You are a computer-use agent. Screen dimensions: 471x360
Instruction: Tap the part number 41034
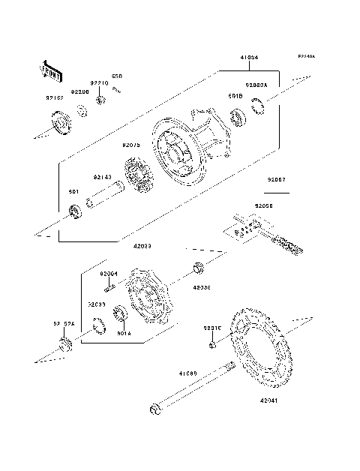pyautogui.click(x=250, y=57)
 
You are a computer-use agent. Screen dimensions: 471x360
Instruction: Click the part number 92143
pyautogui.click(x=102, y=177)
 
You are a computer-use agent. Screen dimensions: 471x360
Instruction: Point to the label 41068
pyautogui.click(x=187, y=373)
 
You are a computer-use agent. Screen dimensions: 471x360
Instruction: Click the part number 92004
pyautogui.click(x=109, y=274)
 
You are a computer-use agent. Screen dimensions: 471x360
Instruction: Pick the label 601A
pyautogui.click(x=124, y=333)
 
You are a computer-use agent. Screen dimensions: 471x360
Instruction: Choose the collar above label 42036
pyautogui.click(x=199, y=267)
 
